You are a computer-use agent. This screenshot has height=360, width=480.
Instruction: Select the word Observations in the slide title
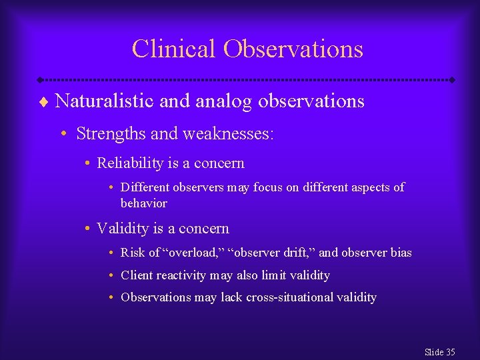point(293,49)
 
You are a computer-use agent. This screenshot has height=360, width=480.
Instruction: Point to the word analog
point(225,101)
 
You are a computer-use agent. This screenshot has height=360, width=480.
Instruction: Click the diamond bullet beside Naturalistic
point(45,102)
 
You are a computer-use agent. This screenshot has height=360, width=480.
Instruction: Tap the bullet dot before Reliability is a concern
point(88,163)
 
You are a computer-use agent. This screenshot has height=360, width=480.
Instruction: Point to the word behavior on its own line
point(143,203)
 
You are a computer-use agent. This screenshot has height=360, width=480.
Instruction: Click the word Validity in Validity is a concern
point(122,228)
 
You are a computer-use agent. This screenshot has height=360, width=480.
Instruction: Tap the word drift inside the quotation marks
point(297,253)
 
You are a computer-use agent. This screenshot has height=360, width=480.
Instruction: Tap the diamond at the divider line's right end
point(452,79)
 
